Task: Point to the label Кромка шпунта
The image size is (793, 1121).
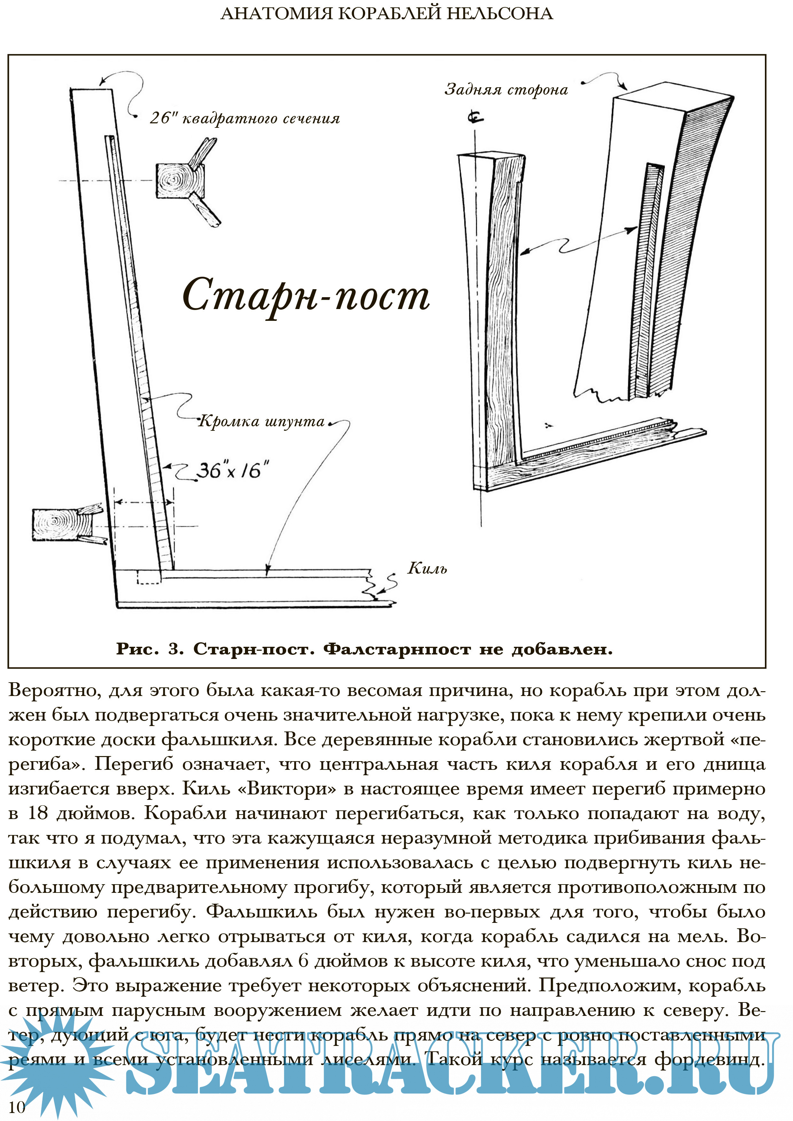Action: (261, 421)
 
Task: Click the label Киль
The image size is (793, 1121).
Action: (427, 568)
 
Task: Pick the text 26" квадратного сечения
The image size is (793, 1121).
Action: (244, 119)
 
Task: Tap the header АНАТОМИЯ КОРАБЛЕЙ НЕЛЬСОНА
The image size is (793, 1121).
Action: (387, 14)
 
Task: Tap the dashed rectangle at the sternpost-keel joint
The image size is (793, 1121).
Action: (149, 577)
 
